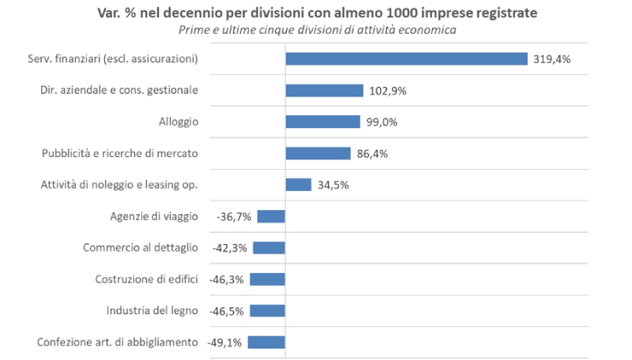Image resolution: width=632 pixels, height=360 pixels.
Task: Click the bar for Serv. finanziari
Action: pyautogui.click(x=406, y=58)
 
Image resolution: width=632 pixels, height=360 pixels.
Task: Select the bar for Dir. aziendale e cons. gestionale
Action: pyautogui.click(x=324, y=90)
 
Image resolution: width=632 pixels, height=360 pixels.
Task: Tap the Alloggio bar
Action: pyautogui.click(x=322, y=122)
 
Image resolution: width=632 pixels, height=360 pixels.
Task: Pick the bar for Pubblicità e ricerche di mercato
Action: pyautogui.click(x=318, y=153)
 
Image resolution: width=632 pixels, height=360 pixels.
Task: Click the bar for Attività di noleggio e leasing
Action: pyautogui.click(x=298, y=185)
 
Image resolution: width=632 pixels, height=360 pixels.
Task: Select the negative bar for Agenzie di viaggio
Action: pyautogui.click(x=271, y=216)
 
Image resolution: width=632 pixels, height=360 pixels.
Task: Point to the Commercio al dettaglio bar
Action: pyautogui.click(x=269, y=248)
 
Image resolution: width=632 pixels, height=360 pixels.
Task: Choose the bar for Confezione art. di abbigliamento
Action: pyautogui.click(x=266, y=342)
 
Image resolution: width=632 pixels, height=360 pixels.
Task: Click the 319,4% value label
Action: pyautogui.click(x=551, y=58)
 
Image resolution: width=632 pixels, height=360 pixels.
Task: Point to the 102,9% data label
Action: pyautogui.click(x=387, y=91)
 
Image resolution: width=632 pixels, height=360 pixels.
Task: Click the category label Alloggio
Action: pyautogui.click(x=178, y=122)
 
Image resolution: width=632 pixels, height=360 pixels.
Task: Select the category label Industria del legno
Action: pyautogui.click(x=152, y=310)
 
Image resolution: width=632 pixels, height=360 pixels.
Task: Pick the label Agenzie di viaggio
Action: pyautogui.click(x=154, y=216)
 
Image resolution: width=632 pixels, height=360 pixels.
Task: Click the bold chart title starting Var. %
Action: pyautogui.click(x=316, y=13)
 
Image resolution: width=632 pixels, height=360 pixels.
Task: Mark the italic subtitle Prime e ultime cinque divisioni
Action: pyautogui.click(x=316, y=29)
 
